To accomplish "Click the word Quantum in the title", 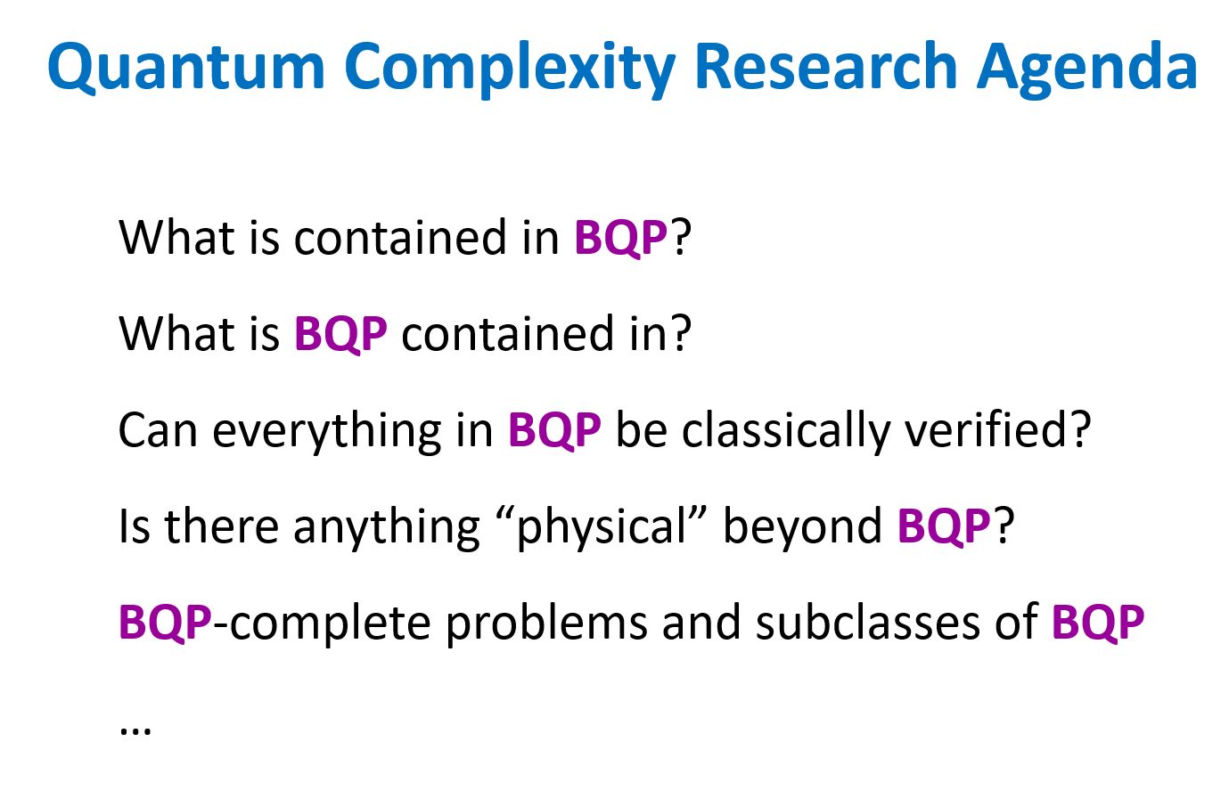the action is tap(186, 67).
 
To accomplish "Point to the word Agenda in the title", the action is tap(1086, 69).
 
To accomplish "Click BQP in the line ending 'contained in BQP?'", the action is tap(620, 238).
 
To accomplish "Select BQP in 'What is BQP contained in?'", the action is tap(340, 334).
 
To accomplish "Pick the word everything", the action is tap(326, 432).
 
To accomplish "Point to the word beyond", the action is tap(802, 528).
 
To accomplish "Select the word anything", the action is tap(386, 528).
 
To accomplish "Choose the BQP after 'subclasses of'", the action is tap(1098, 623).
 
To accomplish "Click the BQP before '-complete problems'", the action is tap(165, 623).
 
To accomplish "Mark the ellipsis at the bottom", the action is tap(135, 730).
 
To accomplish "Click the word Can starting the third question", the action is tap(158, 431).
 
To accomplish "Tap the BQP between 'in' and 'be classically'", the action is tap(554, 430).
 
